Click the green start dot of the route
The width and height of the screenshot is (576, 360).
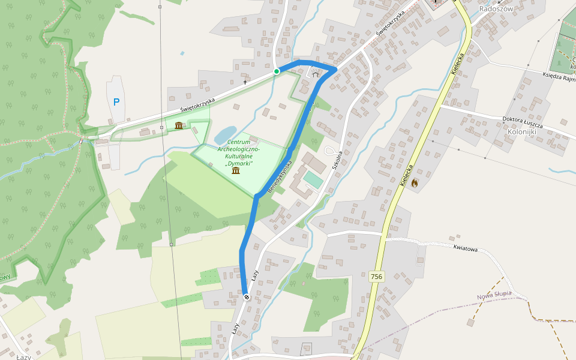(x=277, y=71)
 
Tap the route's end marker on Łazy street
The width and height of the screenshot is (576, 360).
(x=247, y=296)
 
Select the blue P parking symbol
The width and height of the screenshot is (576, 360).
(x=116, y=102)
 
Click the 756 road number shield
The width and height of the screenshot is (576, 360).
(x=376, y=277)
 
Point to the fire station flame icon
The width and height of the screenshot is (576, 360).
(x=414, y=182)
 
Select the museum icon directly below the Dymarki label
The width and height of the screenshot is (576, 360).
(x=236, y=172)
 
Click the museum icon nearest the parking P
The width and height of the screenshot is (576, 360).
(x=179, y=125)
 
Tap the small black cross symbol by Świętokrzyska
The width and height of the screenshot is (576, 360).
(x=245, y=82)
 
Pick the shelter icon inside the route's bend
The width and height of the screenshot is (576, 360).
(x=316, y=74)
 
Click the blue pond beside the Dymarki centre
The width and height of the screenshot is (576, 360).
(x=225, y=135)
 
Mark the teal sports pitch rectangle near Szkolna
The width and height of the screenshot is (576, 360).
(x=312, y=178)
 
